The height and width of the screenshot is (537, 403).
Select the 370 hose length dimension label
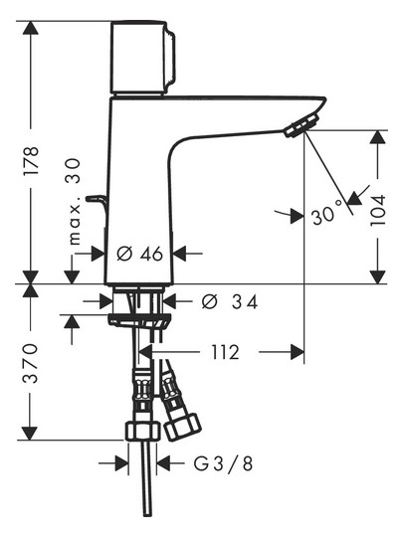click(x=32, y=364)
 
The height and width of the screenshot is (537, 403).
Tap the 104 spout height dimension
click(x=379, y=209)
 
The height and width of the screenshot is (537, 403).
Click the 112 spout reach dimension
click(x=225, y=351)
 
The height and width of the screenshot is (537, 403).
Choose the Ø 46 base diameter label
click(x=139, y=254)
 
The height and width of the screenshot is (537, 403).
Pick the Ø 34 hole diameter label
click(x=230, y=301)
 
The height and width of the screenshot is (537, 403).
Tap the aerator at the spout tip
click(x=301, y=123)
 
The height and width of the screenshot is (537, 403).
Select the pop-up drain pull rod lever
click(x=97, y=204)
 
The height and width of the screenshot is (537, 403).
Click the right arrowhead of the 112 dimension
click(x=296, y=351)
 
